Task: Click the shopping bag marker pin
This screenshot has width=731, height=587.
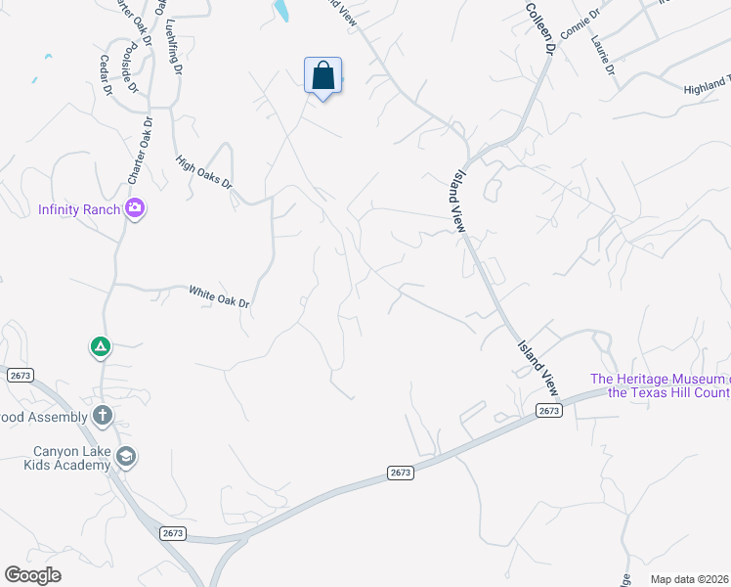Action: tap(323, 76)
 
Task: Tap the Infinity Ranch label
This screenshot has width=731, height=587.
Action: tap(79, 209)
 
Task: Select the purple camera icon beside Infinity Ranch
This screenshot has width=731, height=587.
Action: tap(135, 208)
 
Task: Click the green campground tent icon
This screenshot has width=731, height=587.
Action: tap(100, 346)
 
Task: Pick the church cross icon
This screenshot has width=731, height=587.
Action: tap(103, 416)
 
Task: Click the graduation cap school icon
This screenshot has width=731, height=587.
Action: tap(125, 457)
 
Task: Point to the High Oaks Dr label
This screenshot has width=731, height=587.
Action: tap(204, 172)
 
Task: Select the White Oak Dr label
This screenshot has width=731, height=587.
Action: tap(219, 297)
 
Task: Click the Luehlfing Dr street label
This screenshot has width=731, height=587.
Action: tap(175, 47)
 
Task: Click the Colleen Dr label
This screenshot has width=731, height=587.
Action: tap(540, 26)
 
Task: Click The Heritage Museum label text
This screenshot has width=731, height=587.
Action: tap(659, 385)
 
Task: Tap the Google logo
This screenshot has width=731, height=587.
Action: tap(33, 575)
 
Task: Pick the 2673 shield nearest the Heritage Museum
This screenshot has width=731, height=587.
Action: tap(548, 411)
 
